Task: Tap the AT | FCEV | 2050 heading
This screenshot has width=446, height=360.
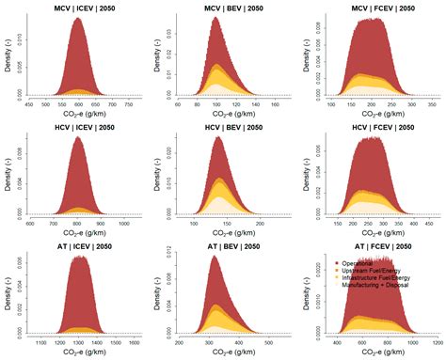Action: click(x=374, y=245)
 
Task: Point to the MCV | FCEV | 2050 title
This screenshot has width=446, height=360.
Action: click(x=374, y=8)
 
